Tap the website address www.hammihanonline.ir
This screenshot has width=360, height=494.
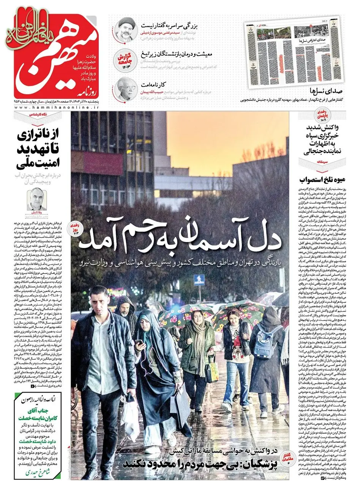57,108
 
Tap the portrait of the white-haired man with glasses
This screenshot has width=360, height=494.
126,89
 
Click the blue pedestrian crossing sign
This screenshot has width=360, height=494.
199,280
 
